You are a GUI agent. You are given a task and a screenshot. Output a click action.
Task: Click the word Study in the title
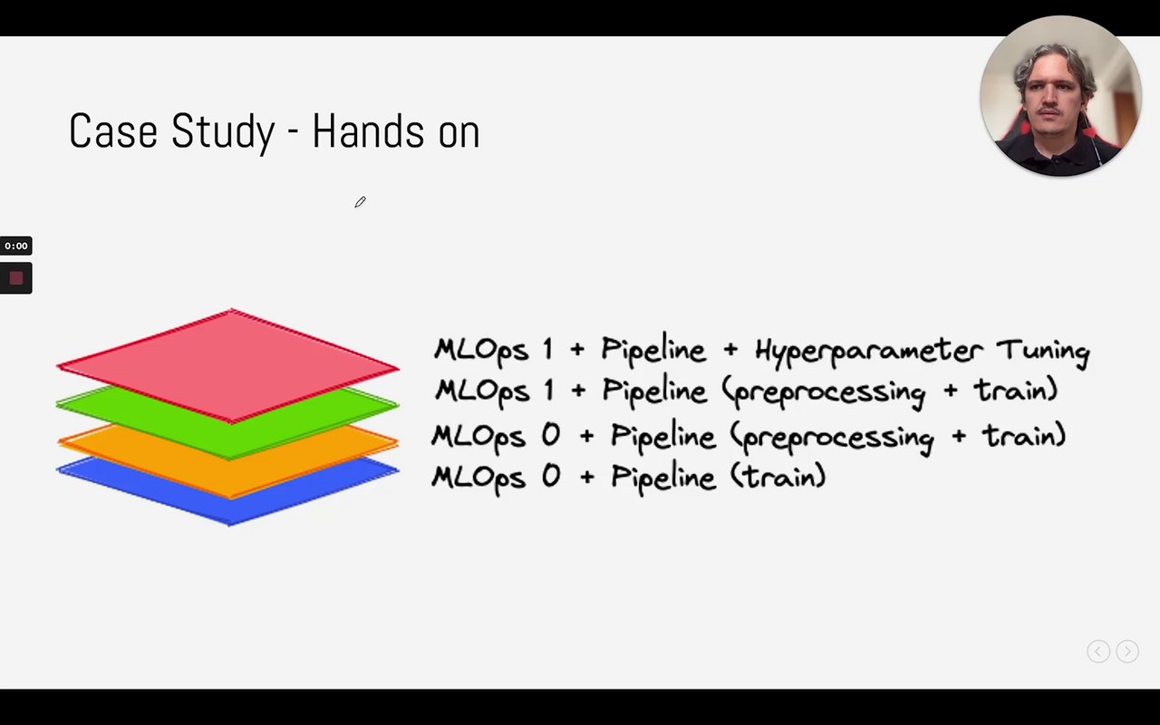tap(223, 132)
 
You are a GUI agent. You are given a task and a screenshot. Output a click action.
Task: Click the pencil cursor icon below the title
tap(361, 202)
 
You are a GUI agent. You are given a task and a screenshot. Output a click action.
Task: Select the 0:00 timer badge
tap(16, 246)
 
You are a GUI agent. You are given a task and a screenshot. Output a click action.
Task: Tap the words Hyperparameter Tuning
tap(923, 351)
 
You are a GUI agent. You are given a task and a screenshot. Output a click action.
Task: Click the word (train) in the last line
tap(778, 477)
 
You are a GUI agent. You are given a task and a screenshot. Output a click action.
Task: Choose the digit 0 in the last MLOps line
tap(551, 476)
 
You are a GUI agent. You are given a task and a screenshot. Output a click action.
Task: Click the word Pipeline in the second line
tap(654, 391)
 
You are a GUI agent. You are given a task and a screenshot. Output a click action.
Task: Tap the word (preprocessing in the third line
tap(832, 438)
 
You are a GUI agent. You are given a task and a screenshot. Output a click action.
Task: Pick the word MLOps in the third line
tap(478, 436)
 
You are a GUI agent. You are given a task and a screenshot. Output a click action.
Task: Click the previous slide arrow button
tap(1098, 652)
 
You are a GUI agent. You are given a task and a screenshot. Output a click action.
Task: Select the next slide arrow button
tap(1127, 652)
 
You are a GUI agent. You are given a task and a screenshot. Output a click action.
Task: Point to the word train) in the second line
tap(1016, 390)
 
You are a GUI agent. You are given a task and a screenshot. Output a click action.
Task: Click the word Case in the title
tap(113, 131)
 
